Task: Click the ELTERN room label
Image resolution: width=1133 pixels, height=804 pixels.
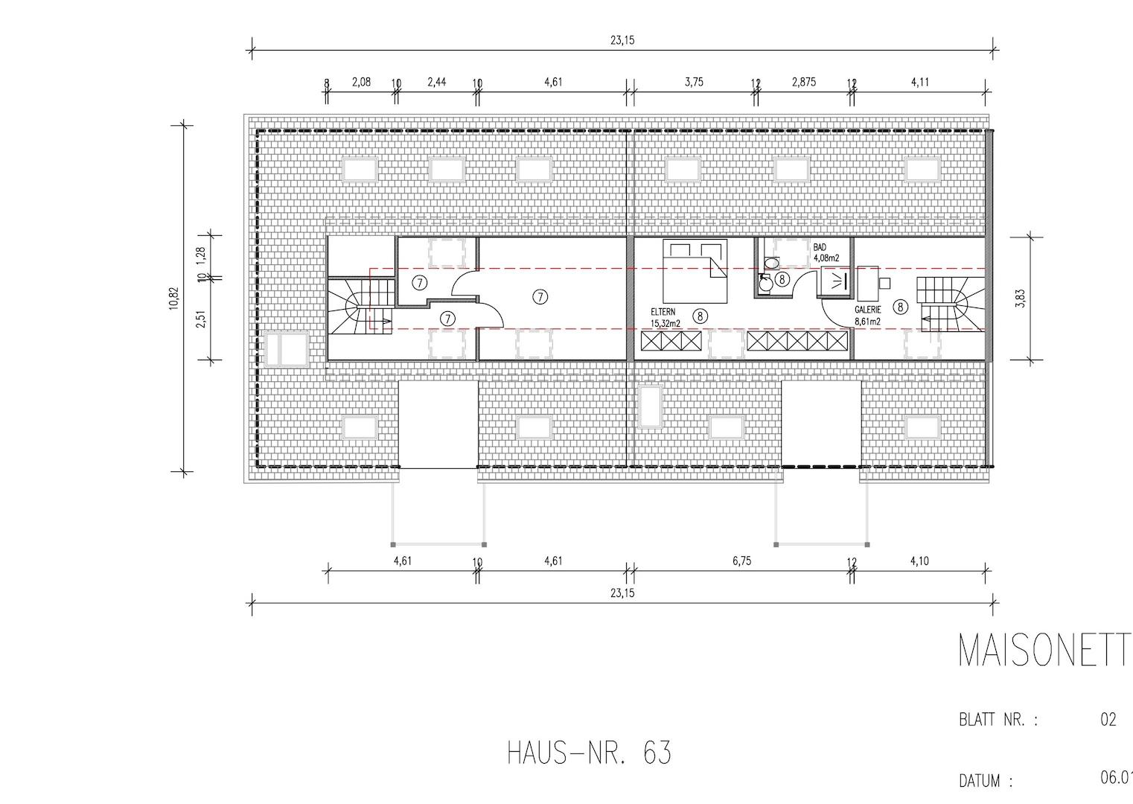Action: (663, 313)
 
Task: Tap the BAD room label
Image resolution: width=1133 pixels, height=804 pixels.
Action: (820, 247)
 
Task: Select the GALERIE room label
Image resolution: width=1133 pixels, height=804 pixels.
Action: (867, 310)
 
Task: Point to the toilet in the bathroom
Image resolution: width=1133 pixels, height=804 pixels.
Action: (771, 263)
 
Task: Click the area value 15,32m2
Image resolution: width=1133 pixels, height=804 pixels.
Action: (666, 324)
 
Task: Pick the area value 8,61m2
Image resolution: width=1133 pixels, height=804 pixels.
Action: (867, 322)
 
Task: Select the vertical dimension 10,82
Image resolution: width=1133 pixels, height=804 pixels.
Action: (173, 298)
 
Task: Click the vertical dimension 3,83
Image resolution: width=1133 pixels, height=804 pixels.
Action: (1021, 298)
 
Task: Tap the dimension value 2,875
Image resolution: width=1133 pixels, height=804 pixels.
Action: (803, 82)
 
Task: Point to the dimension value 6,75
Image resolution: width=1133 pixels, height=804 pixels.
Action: (741, 561)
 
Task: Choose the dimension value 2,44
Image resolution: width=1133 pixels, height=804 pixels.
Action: (436, 82)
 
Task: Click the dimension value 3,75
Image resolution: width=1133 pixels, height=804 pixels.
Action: (693, 82)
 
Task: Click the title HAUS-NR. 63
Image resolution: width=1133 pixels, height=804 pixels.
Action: (589, 753)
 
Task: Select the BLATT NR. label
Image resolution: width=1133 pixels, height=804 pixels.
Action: (998, 721)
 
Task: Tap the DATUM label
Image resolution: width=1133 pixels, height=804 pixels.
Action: (986, 781)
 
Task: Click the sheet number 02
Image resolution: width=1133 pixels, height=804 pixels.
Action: (1108, 720)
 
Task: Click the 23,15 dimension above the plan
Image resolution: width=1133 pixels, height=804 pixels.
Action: (622, 41)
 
